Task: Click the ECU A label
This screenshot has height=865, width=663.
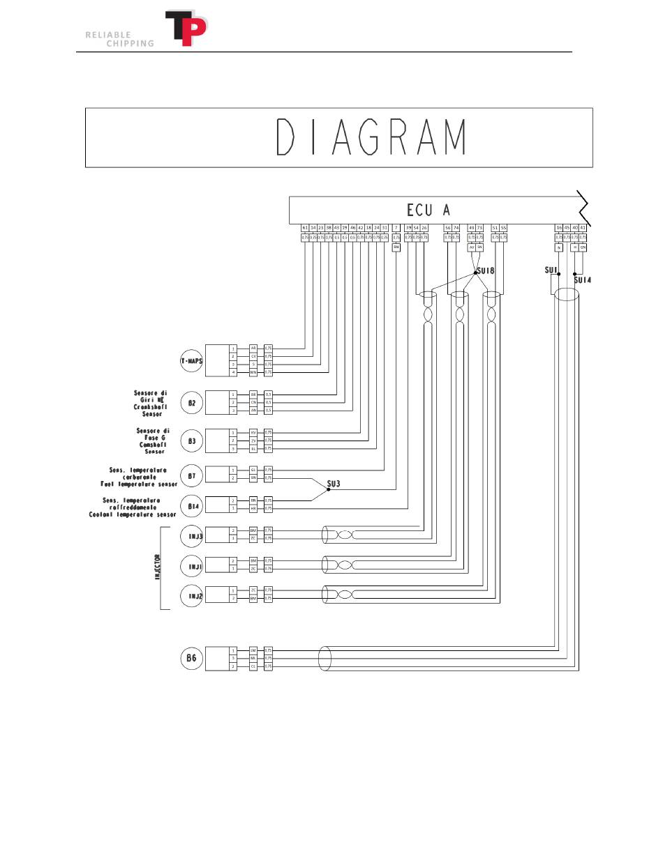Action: [429, 210]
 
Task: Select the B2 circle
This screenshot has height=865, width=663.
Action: [191, 403]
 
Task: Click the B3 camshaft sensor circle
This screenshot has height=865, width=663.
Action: [191, 441]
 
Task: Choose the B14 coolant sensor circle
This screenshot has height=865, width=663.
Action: [191, 505]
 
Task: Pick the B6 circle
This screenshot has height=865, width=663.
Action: [191, 658]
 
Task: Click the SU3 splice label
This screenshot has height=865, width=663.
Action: [334, 483]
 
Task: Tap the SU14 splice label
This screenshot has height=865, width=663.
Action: [582, 280]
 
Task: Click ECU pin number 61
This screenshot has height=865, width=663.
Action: [305, 228]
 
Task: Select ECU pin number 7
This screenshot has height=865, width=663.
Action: [396, 228]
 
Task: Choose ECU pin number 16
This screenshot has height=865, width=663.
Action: [558, 228]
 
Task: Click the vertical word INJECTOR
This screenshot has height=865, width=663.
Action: [158, 567]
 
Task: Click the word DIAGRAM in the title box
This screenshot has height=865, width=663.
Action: [371, 137]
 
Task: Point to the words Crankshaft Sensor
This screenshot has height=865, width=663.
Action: [150, 411]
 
